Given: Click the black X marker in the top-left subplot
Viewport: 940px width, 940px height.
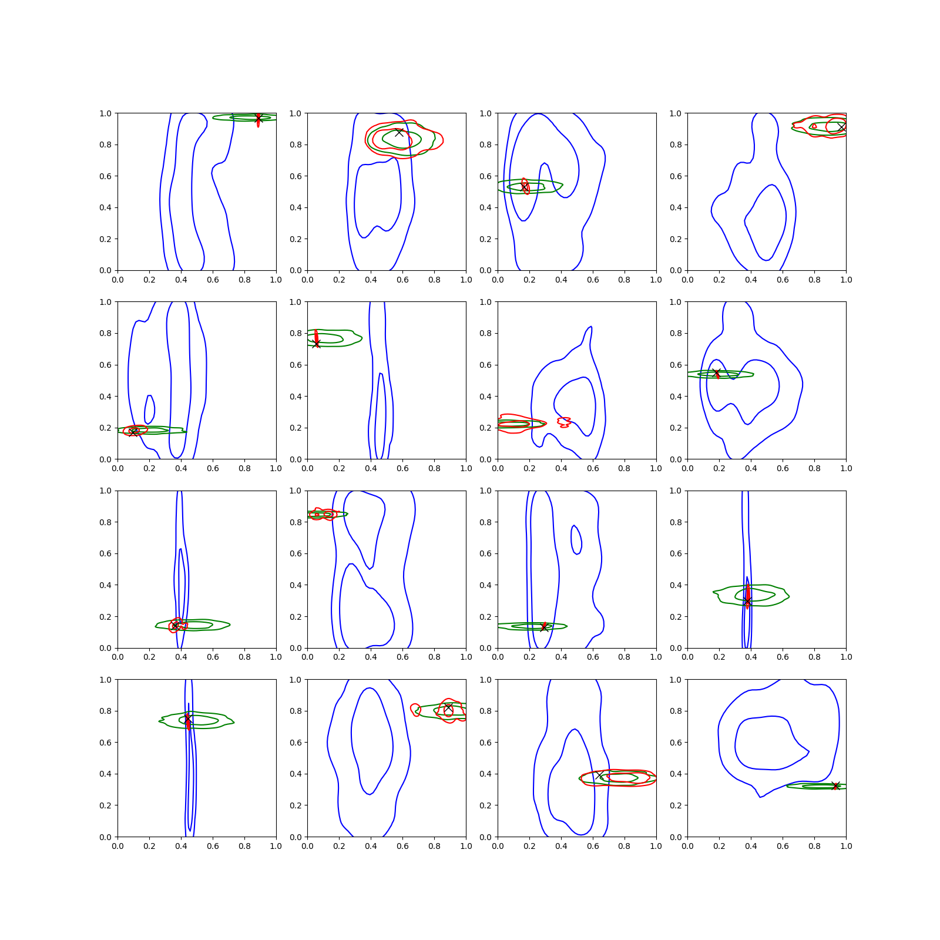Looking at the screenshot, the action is point(258,119).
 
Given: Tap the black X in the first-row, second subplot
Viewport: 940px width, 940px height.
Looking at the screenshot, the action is point(399,132).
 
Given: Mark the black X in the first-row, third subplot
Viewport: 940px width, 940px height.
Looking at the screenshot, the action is point(525,186).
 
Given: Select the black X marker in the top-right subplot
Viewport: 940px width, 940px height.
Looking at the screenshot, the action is point(841,127).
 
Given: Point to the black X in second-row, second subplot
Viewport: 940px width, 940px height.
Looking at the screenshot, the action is point(317,343).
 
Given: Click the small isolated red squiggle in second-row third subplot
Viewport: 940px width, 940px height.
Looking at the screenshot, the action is point(564,422).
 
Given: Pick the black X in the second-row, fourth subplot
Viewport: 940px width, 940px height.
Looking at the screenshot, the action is point(716,372).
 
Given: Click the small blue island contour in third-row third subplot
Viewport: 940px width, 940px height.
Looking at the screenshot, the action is point(576,540).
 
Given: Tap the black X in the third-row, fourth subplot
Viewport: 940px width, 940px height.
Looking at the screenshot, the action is point(747,601).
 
